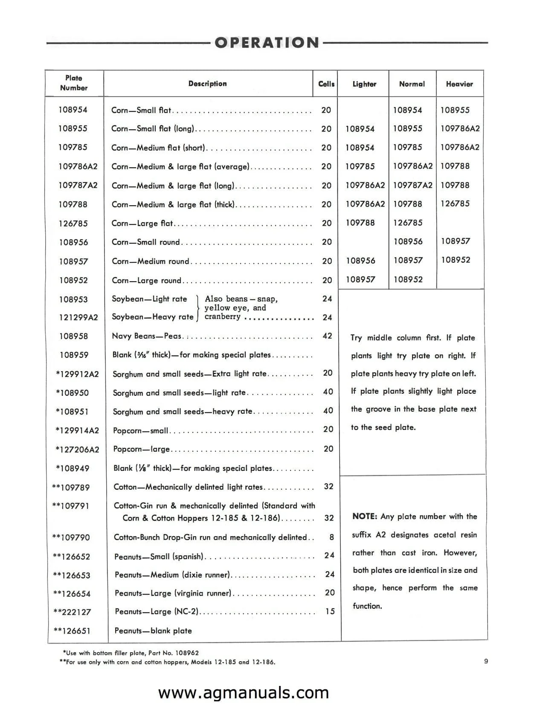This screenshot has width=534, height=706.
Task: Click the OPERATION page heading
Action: (267, 43)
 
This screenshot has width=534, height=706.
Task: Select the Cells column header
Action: (326, 84)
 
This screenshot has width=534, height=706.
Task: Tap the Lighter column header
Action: (364, 84)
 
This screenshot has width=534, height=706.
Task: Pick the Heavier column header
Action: (459, 84)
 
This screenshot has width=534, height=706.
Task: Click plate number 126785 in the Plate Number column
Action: (73, 224)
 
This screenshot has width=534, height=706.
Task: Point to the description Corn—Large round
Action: (146, 280)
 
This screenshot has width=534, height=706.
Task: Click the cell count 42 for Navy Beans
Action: (327, 336)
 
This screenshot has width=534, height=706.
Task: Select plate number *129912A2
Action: (77, 374)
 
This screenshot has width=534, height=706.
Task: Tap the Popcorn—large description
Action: (141, 449)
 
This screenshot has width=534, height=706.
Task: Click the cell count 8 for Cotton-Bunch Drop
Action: (331, 537)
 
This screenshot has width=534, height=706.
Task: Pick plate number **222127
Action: (72, 612)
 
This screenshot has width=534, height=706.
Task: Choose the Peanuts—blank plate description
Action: (153, 630)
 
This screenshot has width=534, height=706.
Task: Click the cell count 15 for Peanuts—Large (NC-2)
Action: (330, 611)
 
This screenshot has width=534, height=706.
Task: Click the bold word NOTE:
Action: (365, 517)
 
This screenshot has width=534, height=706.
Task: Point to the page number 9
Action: (486, 661)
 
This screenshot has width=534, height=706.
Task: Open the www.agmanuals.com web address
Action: (244, 692)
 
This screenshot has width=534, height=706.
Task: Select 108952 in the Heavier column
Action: (456, 260)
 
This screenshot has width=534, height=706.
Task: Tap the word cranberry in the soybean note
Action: (222, 317)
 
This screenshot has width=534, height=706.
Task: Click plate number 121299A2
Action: (78, 317)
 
